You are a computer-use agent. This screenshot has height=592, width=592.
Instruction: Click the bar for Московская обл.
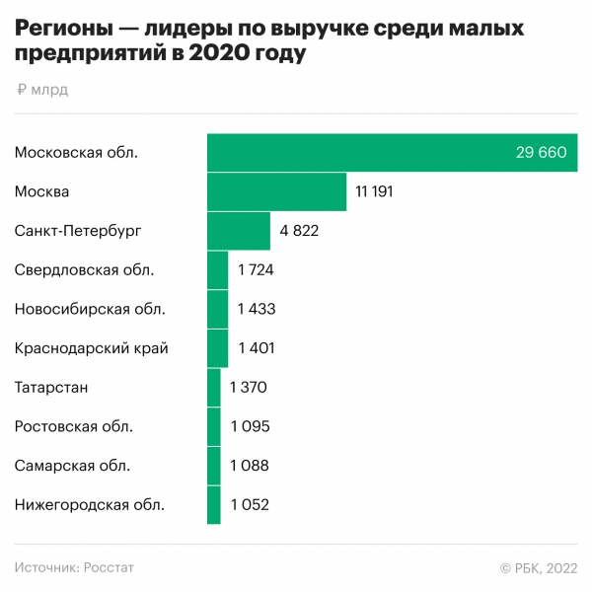click(x=392, y=152)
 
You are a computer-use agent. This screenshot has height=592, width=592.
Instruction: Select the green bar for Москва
click(x=277, y=191)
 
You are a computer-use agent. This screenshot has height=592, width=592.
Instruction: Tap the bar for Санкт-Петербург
click(x=239, y=231)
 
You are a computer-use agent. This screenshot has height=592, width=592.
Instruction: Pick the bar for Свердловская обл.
click(x=218, y=269)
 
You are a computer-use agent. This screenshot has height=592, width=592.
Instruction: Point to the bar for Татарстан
click(x=214, y=387)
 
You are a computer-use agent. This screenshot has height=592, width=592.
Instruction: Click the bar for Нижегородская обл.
click(x=214, y=505)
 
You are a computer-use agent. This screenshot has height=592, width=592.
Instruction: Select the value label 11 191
click(x=375, y=191)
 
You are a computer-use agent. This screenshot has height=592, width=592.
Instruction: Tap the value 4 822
click(x=300, y=231)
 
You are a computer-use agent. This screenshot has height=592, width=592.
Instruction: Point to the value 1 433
click(x=257, y=309)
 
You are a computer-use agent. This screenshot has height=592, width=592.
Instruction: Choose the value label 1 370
click(x=249, y=387)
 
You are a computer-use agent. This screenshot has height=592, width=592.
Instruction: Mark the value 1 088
click(x=250, y=466)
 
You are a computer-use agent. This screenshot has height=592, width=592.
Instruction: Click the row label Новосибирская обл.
click(x=90, y=309)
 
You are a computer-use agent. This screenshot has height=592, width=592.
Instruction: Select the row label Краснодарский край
click(x=92, y=348)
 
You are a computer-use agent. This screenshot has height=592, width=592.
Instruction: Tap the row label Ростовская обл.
click(x=74, y=426)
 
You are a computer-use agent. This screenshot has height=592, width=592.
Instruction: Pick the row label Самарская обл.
click(x=72, y=466)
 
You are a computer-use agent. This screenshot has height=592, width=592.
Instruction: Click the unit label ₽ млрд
click(x=42, y=91)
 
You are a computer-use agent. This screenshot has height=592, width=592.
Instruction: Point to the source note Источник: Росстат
click(x=74, y=567)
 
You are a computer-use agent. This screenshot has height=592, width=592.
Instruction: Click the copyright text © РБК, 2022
click(x=538, y=567)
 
